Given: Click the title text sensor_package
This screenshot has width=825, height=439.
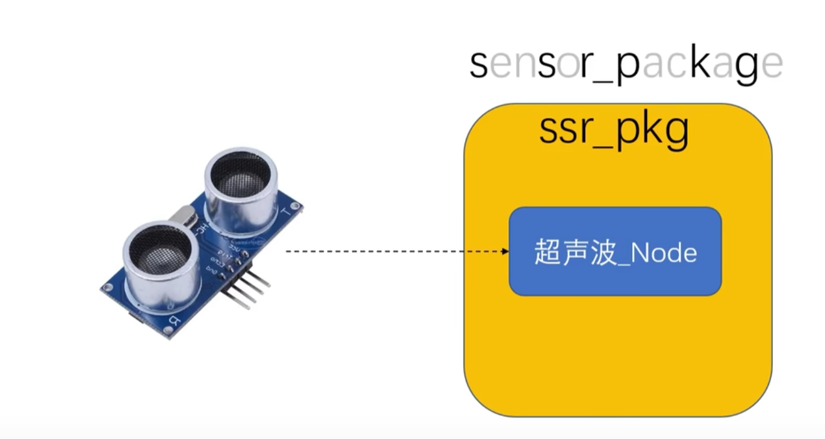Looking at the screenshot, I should [x=626, y=64].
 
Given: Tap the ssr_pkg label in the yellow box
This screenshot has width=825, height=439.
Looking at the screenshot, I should [x=614, y=130].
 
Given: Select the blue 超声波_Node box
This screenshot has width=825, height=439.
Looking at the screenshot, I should [x=615, y=251].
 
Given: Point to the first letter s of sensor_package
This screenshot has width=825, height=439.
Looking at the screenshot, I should [x=478, y=65].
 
